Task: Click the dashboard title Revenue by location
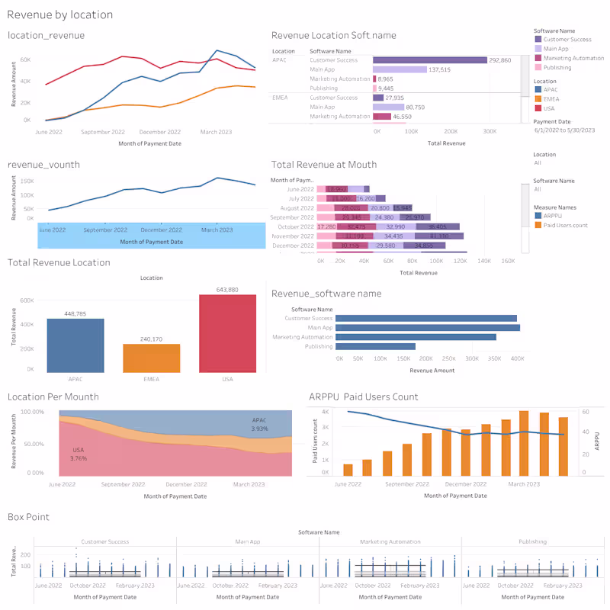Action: pyautogui.click(x=59, y=14)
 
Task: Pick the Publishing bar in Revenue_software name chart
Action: pyautogui.click(x=375, y=346)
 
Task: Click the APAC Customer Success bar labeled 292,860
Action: pyautogui.click(x=429, y=59)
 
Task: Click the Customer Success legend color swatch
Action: pyautogui.click(x=538, y=39)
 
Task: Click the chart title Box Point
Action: pyautogui.click(x=28, y=516)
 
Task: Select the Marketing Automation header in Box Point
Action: pyautogui.click(x=390, y=541)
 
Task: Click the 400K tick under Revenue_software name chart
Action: pyautogui.click(x=517, y=358)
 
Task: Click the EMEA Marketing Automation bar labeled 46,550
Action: pyautogui.click(x=381, y=117)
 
